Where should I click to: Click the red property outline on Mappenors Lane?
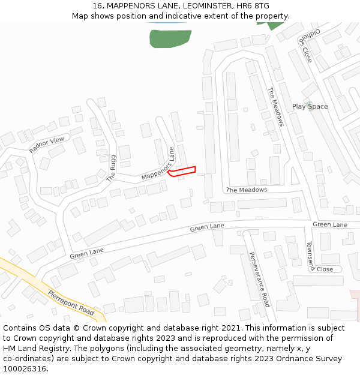[182, 171]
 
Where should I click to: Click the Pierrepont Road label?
[71, 304]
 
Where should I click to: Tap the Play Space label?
[310, 106]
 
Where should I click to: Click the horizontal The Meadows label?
[247, 190]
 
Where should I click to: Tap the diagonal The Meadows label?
[275, 107]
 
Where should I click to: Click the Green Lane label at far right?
[329, 224]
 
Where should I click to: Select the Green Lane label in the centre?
[207, 227]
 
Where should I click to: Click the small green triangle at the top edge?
[275, 26]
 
